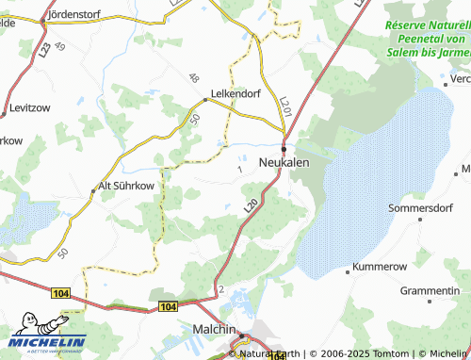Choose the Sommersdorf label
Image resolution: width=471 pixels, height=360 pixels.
[x=420, y=205]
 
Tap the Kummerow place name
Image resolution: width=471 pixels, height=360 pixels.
[x=380, y=269]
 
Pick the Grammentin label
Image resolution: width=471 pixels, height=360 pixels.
[x=430, y=291]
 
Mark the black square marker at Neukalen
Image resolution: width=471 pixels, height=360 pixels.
[x=284, y=147]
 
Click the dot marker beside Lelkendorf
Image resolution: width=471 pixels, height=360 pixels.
[x=206, y=99]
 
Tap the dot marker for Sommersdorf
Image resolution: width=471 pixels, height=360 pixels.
[x=420, y=220]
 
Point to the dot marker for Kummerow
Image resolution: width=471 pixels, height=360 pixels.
[x=349, y=271]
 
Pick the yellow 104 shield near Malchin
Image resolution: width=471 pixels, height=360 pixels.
[x=168, y=307]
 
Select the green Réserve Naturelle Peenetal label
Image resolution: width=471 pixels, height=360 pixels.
[x=427, y=39]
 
